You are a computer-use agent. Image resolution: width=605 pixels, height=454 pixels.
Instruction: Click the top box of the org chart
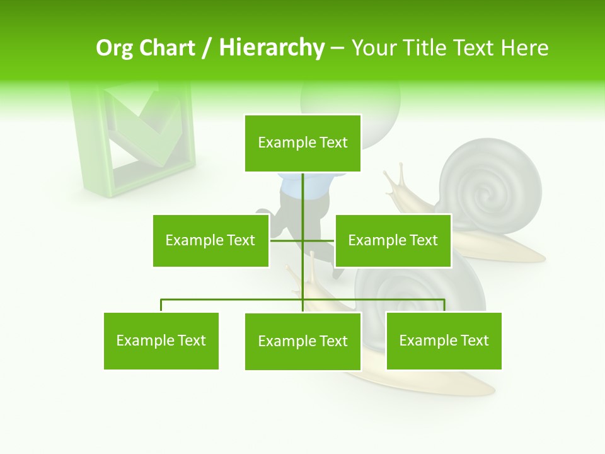302,143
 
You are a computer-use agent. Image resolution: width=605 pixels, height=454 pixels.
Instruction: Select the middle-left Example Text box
210,240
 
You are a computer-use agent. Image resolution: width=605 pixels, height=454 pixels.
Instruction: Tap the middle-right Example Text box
393,240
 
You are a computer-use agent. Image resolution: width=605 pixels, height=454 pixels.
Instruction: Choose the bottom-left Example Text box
161,340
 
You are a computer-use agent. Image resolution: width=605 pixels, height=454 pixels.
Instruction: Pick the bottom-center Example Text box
302,341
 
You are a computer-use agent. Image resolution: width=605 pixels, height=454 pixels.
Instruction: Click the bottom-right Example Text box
444,340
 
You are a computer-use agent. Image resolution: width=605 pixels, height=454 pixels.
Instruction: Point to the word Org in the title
113,48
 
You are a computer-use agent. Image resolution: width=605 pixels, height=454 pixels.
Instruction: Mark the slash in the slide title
206,49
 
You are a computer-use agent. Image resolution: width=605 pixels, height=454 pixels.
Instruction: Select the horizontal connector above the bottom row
233,300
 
